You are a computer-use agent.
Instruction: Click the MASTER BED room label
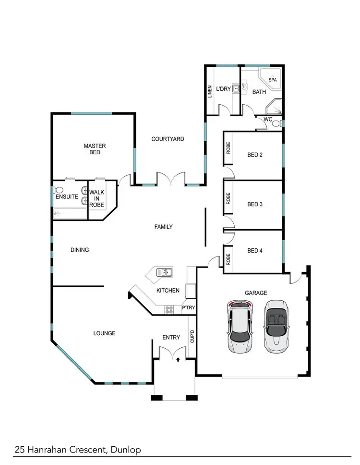click(x=95, y=149)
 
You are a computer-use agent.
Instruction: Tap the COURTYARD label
click(x=168, y=139)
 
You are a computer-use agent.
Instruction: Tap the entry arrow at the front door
click(x=179, y=358)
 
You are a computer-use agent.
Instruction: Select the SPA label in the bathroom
click(x=272, y=80)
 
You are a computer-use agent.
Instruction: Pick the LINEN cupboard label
click(x=210, y=92)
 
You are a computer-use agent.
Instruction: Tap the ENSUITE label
click(x=66, y=197)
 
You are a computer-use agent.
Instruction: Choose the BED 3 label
click(x=255, y=204)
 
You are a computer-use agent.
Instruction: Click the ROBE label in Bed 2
click(x=228, y=148)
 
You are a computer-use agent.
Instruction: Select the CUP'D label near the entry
click(x=192, y=336)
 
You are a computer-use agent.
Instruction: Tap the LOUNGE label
click(x=105, y=333)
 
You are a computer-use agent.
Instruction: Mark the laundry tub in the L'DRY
click(x=236, y=88)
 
